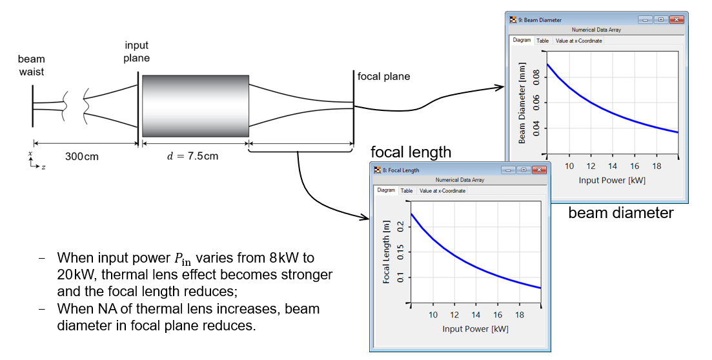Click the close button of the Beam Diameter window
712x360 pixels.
pos(676,19)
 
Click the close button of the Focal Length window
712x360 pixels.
pos(539,170)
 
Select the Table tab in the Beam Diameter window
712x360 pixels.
pos(543,41)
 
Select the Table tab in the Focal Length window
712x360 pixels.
pos(407,191)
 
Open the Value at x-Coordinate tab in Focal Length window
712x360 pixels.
pos(442,191)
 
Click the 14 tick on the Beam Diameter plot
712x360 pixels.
pos(613,166)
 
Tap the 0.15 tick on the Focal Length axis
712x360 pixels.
pos(400,252)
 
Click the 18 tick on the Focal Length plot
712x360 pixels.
pos(520,315)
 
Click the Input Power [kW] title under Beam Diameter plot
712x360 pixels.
pos(612,180)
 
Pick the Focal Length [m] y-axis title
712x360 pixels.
pos(387,253)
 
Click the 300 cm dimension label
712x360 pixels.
pos(82,157)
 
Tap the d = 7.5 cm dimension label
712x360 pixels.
pos(192,156)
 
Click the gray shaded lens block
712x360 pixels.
pos(196,106)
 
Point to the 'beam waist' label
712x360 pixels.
pos(32,65)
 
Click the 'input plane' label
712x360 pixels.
pos(137,52)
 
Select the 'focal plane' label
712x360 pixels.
pos(383,76)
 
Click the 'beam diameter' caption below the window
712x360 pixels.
pos(621,212)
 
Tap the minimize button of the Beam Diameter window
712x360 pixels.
pos(646,19)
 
